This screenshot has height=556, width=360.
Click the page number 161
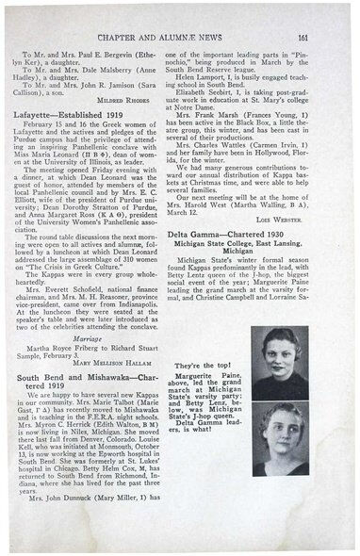(x=331, y=13)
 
